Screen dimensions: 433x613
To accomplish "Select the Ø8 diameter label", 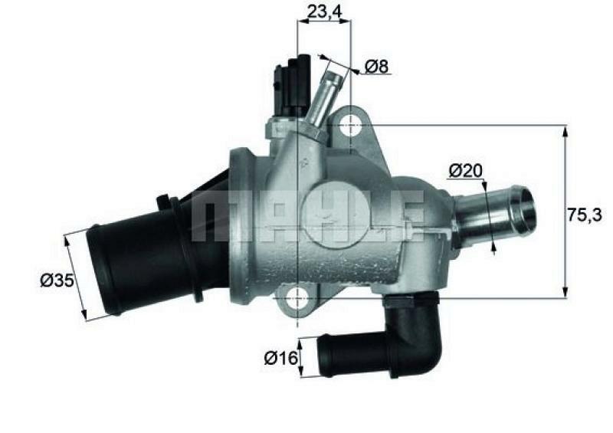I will click(377, 67).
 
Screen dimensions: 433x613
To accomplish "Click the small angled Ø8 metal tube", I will click(325, 96).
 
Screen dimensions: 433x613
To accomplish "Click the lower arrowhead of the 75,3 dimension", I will click(565, 291).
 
